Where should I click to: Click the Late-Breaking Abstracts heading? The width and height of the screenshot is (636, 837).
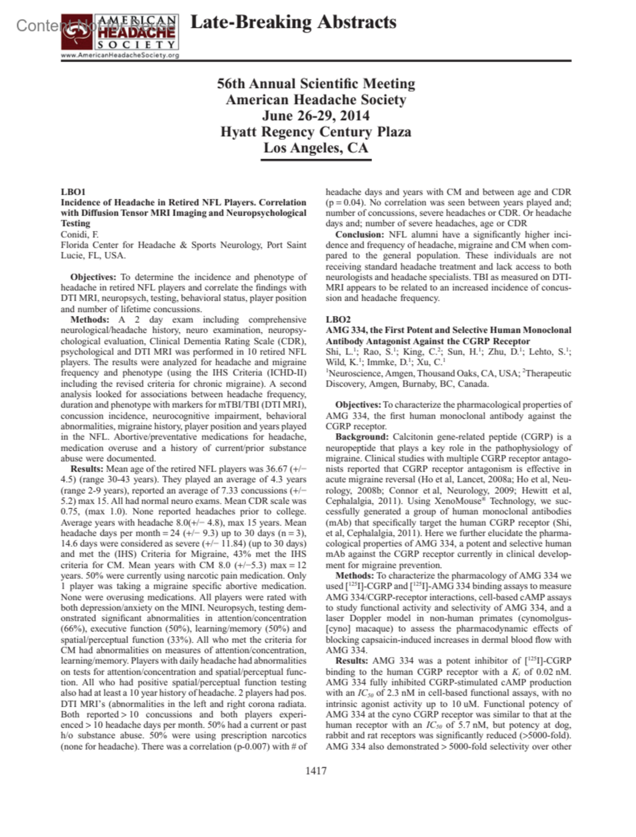[293, 22]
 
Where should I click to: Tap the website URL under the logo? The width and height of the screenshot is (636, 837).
[120, 55]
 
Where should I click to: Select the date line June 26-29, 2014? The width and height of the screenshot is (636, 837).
[316, 115]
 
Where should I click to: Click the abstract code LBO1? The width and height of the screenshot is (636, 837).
[73, 192]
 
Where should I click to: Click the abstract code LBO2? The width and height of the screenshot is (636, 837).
[338, 319]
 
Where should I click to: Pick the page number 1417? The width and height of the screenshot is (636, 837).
[316, 771]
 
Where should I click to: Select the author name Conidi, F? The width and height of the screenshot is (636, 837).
[79, 234]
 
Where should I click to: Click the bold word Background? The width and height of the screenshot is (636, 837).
[362, 437]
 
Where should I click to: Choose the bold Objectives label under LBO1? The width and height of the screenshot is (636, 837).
[93, 277]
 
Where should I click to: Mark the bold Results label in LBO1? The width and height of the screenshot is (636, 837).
[86, 469]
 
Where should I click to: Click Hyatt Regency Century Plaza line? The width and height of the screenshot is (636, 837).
[316, 131]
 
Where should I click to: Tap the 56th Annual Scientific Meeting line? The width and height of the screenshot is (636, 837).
[316, 84]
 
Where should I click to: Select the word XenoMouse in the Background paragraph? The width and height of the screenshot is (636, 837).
[456, 501]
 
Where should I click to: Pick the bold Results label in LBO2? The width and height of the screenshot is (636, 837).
[351, 661]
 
